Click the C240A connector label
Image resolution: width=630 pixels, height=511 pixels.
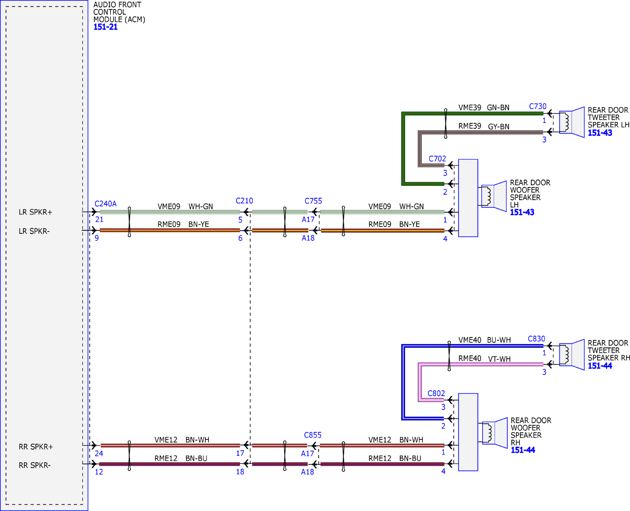point(105,204)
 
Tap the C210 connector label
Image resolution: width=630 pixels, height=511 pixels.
point(244,201)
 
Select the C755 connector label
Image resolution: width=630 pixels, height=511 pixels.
point(313,201)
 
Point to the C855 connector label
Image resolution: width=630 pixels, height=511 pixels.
point(313,435)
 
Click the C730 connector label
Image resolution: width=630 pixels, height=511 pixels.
point(538,106)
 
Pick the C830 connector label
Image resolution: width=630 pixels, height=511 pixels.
point(537,339)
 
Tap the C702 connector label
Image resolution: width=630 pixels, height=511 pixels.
point(437,159)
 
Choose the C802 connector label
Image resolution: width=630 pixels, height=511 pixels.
point(436,394)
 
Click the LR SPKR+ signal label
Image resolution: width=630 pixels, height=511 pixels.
point(35,212)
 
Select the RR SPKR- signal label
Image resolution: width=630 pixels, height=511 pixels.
point(35,465)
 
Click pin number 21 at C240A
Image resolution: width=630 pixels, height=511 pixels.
point(99,220)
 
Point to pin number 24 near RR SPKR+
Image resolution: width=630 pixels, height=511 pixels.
point(99,454)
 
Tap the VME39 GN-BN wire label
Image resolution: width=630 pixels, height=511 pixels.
point(484,108)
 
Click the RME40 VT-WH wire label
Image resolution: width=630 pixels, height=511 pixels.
point(484,359)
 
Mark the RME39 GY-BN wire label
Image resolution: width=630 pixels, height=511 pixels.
point(484,126)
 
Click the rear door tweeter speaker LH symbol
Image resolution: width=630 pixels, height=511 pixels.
point(572,122)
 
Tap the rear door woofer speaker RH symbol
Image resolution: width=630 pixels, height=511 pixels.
point(495,433)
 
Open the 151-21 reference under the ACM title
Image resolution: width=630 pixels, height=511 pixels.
point(106,27)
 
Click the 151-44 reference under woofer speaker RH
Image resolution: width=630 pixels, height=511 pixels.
point(523,450)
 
